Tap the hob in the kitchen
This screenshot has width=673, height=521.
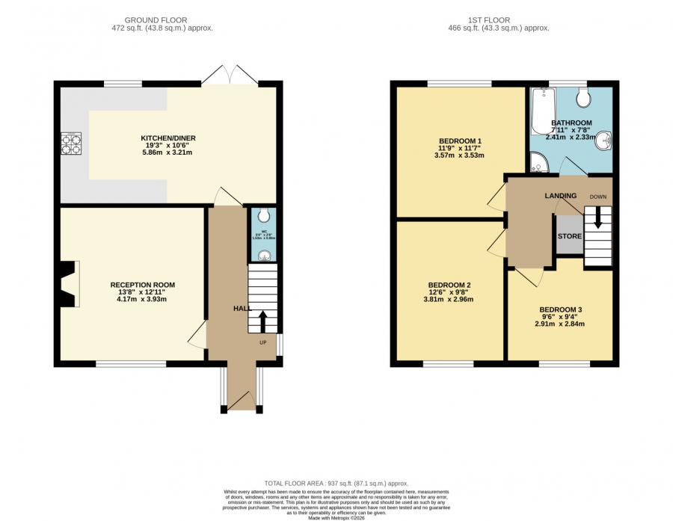[71, 143]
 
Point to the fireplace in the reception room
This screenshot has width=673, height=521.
[70, 284]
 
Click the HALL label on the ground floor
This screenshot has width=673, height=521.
[242, 308]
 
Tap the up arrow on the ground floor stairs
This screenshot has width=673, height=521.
[262, 321]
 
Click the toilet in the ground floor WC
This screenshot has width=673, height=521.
[262, 218]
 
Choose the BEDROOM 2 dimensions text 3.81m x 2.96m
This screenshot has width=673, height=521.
[449, 299]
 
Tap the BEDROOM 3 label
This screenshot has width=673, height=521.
[560, 309]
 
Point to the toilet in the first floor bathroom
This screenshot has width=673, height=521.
[583, 98]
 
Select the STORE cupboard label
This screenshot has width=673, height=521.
[570, 236]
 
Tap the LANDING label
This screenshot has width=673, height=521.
[560, 196]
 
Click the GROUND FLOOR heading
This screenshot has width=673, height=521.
[156, 19]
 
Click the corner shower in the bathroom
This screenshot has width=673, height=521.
[538, 161]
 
